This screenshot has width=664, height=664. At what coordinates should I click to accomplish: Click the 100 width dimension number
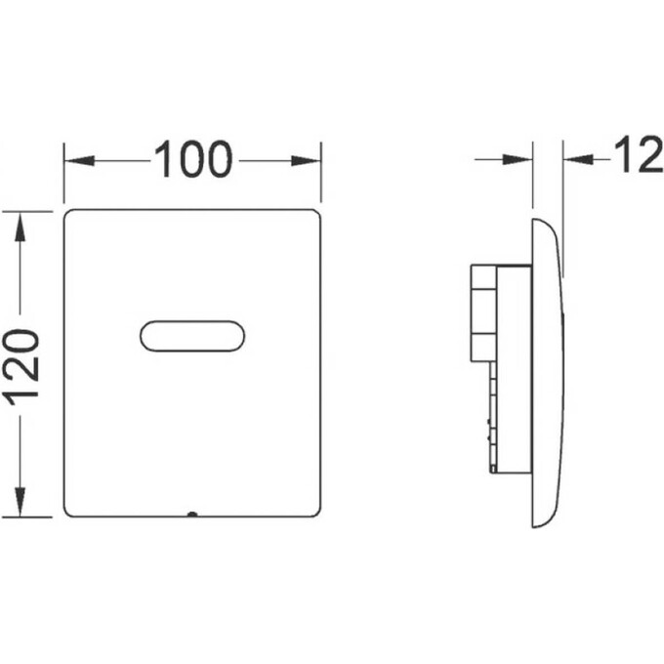click(x=193, y=159)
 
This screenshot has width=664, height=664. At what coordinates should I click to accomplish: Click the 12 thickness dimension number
click(x=639, y=155)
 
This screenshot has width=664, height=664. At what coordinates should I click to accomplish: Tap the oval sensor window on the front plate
click(x=192, y=336)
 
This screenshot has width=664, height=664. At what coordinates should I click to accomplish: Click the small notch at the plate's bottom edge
click(x=192, y=514)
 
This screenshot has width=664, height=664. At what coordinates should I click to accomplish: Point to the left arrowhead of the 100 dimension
click(x=79, y=160)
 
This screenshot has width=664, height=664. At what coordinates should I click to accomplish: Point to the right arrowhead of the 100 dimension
click(x=306, y=160)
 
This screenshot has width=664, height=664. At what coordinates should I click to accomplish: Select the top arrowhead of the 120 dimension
click(x=20, y=227)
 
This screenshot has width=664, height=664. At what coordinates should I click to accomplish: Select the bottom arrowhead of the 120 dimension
click(x=20, y=502)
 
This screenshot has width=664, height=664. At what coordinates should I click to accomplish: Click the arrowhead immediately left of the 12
click(x=578, y=159)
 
